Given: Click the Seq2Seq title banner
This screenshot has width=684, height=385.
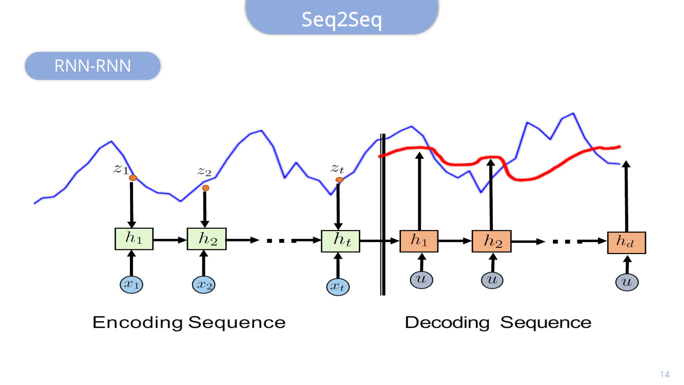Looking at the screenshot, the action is pyautogui.click(x=342, y=17).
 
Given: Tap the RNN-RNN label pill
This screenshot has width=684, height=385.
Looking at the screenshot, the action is pyautogui.click(x=93, y=66).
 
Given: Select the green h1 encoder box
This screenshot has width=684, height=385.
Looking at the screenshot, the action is pyautogui.click(x=134, y=239).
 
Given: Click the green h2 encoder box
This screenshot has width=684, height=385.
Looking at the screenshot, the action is pyautogui.click(x=207, y=239).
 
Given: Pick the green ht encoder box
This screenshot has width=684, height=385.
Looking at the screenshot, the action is pyautogui.click(x=340, y=241).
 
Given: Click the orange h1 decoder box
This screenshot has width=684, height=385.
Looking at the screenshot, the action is pyautogui.click(x=419, y=241).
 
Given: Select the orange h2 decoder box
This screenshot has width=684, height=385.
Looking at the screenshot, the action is pyautogui.click(x=491, y=241).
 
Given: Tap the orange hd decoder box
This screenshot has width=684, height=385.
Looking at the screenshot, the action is pyautogui.click(x=626, y=243).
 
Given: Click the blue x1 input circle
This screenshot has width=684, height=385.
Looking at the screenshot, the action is pyautogui.click(x=131, y=285).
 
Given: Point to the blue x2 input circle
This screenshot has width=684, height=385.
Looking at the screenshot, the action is pyautogui.click(x=204, y=285).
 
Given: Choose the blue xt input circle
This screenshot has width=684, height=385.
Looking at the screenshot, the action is pyautogui.click(x=338, y=287).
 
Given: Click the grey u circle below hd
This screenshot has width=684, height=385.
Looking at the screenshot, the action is pyautogui.click(x=627, y=282).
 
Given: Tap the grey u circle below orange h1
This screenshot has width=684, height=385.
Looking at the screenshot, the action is pyautogui.click(x=421, y=280).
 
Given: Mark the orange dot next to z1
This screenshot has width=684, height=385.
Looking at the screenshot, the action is pyautogui.click(x=133, y=178).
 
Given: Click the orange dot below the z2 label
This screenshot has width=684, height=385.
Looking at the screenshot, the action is pyautogui.click(x=206, y=188).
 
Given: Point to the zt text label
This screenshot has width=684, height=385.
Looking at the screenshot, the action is pyautogui.click(x=337, y=168).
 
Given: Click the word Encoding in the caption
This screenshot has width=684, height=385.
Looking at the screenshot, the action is pyautogui.click(x=138, y=323).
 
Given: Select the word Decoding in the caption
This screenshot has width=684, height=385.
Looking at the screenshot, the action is pyautogui.click(x=447, y=323).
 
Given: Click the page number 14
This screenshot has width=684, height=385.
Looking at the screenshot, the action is pyautogui.click(x=665, y=375).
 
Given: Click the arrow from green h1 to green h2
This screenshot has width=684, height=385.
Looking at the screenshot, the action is pyautogui.click(x=170, y=240).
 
